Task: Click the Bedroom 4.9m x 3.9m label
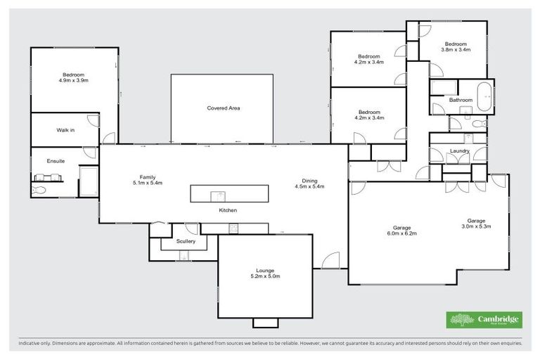pos(74,78)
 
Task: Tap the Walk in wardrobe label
pos(65,130)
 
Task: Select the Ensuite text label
pos(56,161)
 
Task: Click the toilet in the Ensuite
pos(39,189)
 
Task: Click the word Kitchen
pos(228,210)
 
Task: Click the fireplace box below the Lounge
pos(266,322)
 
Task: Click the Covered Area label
pos(224,108)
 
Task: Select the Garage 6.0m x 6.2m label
pos(402,229)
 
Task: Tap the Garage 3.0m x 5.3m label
pos(476,224)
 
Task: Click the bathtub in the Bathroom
pos(484,96)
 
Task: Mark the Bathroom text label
pos(461,100)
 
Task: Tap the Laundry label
pos(459,150)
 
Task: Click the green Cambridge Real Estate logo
pos(485,319)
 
